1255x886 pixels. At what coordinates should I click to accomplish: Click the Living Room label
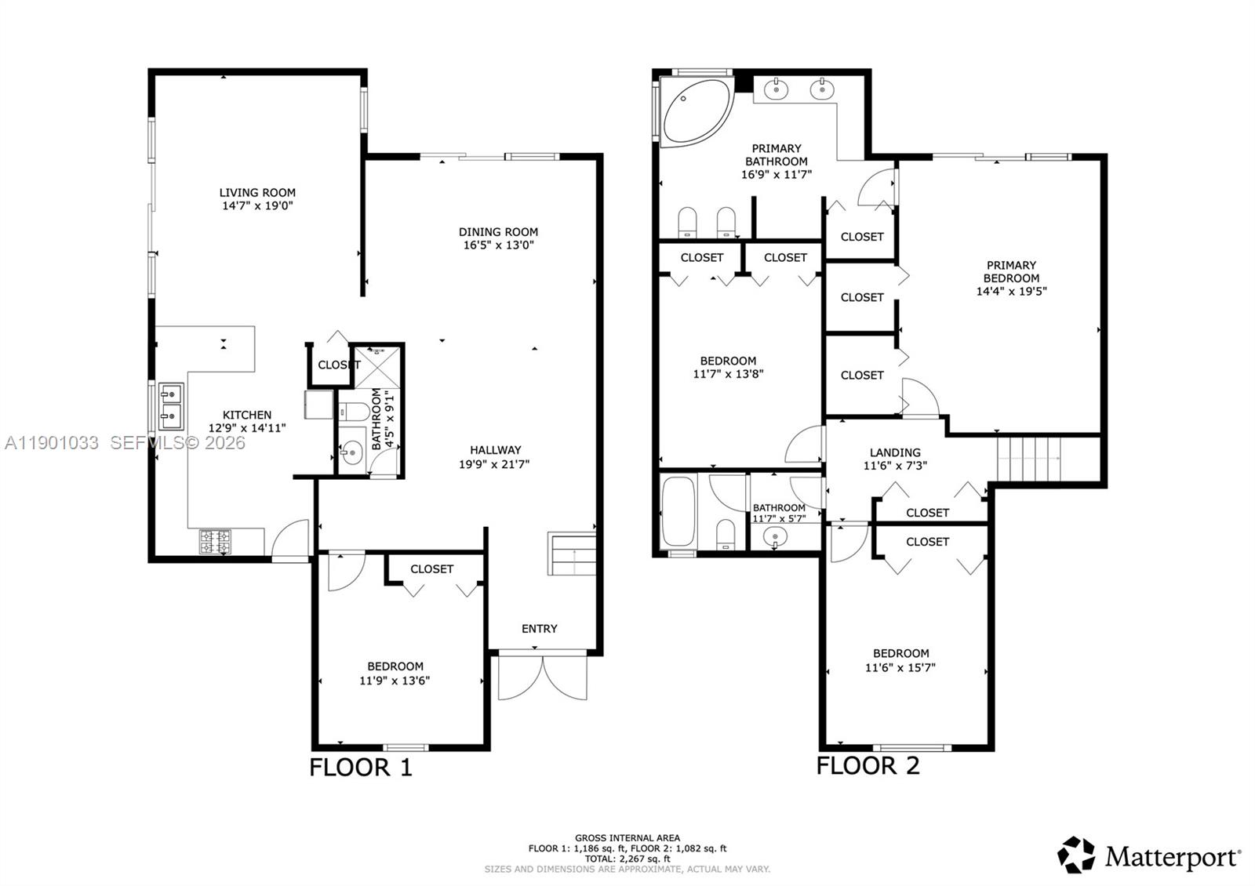coord(257,192)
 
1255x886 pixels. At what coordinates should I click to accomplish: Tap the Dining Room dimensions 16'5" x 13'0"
coord(498,245)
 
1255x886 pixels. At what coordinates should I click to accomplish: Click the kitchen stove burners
coord(215,541)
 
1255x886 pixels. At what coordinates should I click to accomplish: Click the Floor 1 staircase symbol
coord(572,554)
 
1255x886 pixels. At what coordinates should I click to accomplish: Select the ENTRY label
coord(540,629)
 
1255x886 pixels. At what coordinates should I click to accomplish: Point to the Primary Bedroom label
coord(1011,271)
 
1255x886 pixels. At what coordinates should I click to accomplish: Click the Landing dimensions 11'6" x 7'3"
coord(895,466)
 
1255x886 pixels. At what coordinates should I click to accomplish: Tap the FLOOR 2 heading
coord(868,765)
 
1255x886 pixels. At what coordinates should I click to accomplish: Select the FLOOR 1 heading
coord(360,767)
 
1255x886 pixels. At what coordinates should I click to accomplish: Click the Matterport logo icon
coord(1076,855)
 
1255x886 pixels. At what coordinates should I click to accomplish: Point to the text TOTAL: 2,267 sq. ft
coord(627,859)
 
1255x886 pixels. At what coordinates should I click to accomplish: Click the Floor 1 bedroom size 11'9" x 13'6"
coord(395,681)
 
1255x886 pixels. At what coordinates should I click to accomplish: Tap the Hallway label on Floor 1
coord(495,450)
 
